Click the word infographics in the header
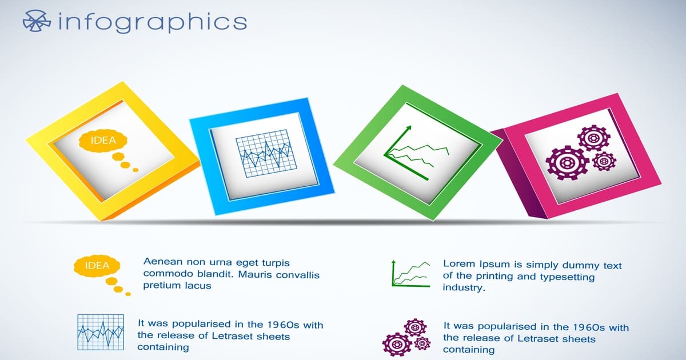[153, 22]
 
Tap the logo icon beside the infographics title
[37, 21]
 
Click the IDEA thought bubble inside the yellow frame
[103, 141]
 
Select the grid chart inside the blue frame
[266, 153]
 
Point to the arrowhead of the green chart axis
[408, 128]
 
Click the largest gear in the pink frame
[568, 163]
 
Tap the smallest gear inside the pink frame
[604, 161]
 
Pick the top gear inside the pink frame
[594, 138]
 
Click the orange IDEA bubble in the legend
[97, 265]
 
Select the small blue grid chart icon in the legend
[101, 332]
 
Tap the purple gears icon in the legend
[406, 337]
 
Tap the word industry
[464, 288]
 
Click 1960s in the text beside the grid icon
[283, 325]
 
